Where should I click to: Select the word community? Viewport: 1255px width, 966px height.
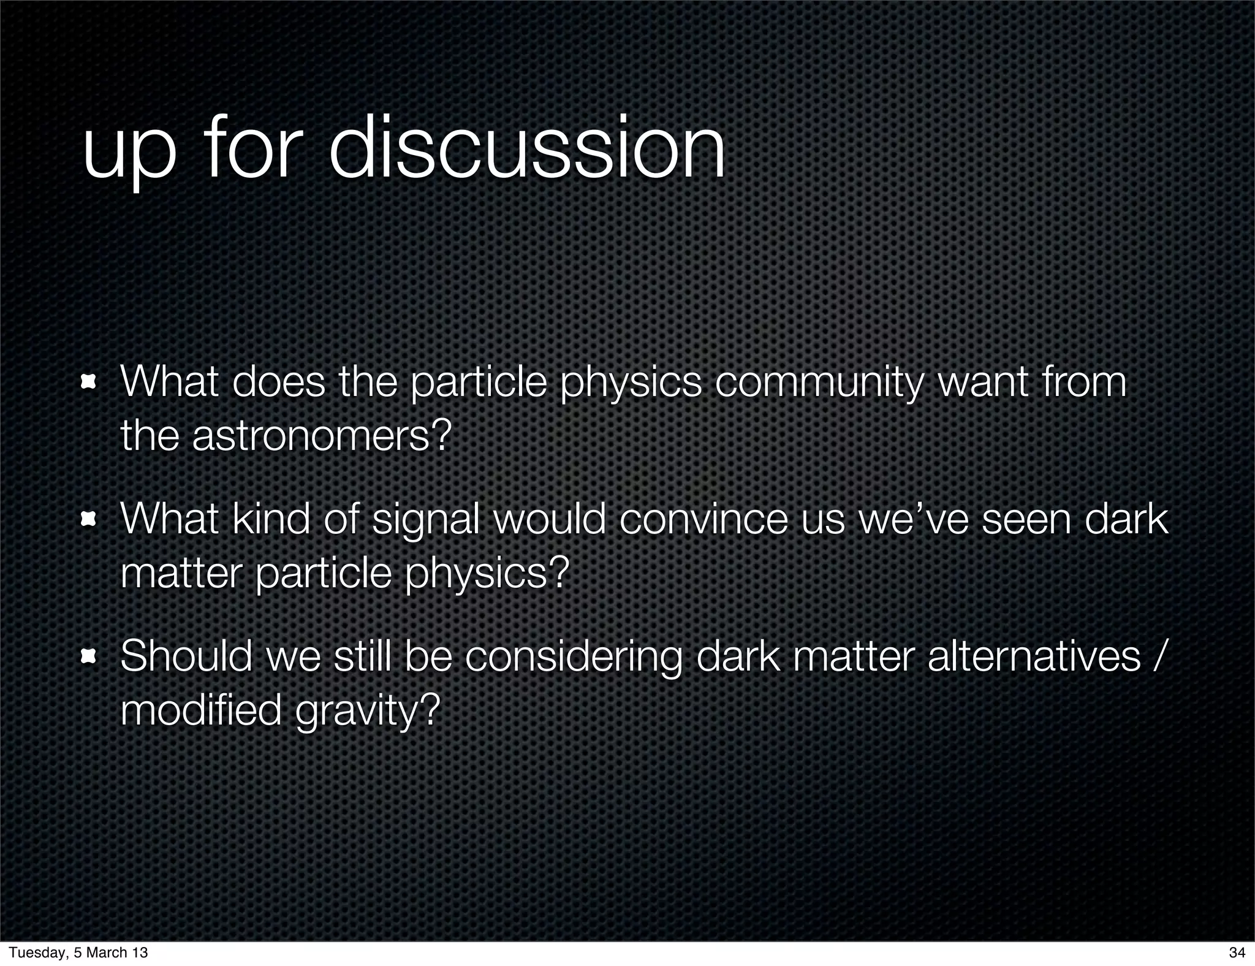point(819,382)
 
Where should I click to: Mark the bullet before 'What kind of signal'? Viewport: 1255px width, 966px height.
point(89,520)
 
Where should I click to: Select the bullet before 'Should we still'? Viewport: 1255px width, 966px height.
point(89,657)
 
